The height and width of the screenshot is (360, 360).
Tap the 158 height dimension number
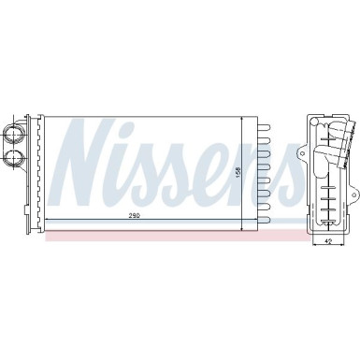[x=238, y=172]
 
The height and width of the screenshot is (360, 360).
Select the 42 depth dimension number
[x=326, y=240]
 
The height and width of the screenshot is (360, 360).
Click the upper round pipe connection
[x=13, y=135]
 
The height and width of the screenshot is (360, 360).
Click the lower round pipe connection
[x=14, y=158]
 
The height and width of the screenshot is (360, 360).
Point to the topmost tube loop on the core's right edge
[x=264, y=127]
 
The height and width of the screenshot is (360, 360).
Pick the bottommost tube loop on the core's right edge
[x=264, y=219]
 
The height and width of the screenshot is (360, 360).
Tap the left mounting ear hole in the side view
[x=302, y=153]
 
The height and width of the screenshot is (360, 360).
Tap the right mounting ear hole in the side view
[x=354, y=194]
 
